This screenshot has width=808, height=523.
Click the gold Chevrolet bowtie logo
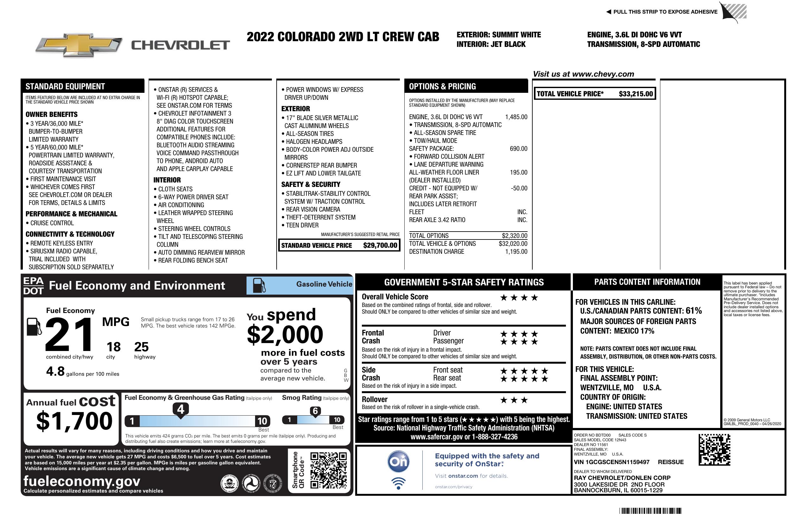coord(79,45)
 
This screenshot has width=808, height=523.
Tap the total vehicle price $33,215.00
coord(636,94)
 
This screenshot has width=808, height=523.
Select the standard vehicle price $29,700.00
coord(380,246)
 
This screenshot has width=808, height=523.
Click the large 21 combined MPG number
coord(69,334)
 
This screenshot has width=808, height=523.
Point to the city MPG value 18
coord(113,347)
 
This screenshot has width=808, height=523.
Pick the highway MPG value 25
coord(141,347)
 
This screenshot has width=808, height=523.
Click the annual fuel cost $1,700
coord(74,421)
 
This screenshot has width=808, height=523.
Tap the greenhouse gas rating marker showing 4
coord(181,409)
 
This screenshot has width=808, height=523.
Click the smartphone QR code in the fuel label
coord(328,470)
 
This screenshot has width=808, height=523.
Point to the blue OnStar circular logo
coord(399,462)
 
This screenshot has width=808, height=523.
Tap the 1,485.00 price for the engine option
coord(516,117)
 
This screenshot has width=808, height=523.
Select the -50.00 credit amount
coord(519,188)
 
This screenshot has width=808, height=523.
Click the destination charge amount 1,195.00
coord(516,252)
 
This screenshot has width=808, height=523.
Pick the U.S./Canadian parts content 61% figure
coord(694,310)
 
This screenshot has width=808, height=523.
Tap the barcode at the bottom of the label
coord(650,511)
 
